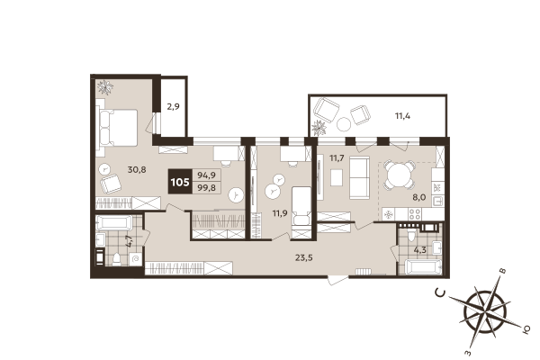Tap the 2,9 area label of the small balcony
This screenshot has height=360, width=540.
click(173, 106)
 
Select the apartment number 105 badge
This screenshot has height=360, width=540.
click(180, 182)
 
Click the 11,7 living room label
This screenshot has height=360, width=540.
click(337, 158)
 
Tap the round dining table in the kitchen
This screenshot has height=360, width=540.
click(398, 175)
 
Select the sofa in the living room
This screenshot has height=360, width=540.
click(358, 176)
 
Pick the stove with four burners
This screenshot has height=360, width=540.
click(415, 214)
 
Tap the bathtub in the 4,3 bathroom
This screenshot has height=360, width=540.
click(421, 265)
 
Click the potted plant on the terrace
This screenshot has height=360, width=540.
click(318, 127)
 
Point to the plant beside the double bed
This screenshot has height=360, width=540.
click(106, 87)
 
